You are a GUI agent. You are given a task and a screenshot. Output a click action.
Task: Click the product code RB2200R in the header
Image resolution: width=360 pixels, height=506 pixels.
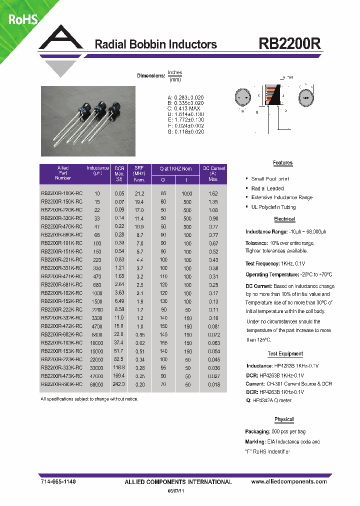(290, 43)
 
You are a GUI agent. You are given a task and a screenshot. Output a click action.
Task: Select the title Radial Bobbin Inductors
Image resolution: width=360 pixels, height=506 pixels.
(156, 44)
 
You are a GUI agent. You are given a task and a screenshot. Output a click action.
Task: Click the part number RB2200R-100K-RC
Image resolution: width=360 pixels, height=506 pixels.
(61, 193)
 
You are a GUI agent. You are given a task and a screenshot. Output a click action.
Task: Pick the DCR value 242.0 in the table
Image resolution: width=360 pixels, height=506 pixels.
(119, 384)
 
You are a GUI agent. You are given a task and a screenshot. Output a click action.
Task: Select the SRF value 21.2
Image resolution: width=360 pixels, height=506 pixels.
(139, 193)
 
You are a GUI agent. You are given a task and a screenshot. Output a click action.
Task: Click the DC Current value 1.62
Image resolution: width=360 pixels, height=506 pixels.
(213, 193)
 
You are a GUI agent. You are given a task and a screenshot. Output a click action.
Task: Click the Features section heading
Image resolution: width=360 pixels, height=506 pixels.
(282, 163)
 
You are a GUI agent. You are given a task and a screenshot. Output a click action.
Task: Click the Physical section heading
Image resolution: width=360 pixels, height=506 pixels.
(284, 419)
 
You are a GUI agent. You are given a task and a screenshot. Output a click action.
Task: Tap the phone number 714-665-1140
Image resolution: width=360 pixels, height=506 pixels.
(58, 481)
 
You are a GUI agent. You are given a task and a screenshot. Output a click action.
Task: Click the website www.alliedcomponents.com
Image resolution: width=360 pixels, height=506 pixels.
(289, 481)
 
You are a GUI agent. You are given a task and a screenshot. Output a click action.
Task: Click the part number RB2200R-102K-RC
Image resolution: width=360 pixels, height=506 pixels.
(61, 293)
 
